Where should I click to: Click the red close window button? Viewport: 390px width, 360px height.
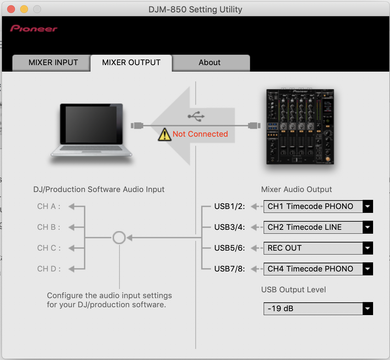tap(11, 9)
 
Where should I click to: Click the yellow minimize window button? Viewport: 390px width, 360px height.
tap(24, 9)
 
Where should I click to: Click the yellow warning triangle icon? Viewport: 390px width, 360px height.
tap(164, 134)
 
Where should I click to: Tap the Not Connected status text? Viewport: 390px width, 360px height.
tap(200, 134)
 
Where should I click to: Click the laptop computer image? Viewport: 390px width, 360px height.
tap(91, 131)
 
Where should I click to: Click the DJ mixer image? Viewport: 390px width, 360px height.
tap(300, 127)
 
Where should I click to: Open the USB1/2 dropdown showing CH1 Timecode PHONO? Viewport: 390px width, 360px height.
tap(318, 206)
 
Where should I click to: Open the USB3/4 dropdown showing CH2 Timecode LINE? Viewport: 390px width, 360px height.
tap(318, 227)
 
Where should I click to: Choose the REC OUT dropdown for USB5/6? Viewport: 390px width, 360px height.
tap(318, 248)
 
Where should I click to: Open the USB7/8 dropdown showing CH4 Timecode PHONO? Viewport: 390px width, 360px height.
tap(318, 269)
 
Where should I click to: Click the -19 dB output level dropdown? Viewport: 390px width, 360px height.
tap(318, 309)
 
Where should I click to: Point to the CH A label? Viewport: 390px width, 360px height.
tap(49, 206)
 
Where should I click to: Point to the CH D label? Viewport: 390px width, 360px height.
tap(49, 269)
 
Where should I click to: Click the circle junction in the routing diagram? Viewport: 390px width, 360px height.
tap(119, 232)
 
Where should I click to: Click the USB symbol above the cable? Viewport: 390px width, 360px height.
tap(196, 116)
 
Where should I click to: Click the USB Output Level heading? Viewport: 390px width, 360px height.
tap(294, 290)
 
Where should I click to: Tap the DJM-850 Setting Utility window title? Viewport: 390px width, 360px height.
tap(195, 9)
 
